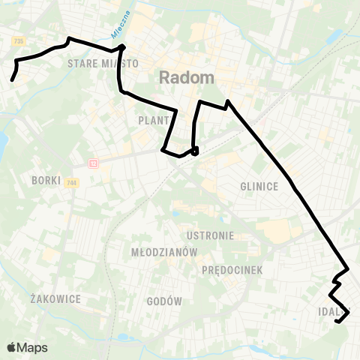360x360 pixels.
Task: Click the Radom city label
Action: click(187, 77)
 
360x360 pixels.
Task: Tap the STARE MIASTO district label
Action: click(102, 64)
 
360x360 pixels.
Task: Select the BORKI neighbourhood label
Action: click(46, 180)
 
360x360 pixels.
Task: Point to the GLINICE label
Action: click(259, 187)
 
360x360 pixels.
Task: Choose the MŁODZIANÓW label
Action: click(163, 252)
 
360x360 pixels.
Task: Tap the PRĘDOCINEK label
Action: click(232, 270)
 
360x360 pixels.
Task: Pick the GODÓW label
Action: click(166, 301)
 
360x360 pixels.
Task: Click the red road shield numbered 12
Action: click(93, 163)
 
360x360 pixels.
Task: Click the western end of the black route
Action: click(12, 79)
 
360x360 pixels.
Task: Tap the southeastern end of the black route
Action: click(337, 322)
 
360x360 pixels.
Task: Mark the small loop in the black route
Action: click(195, 151)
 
